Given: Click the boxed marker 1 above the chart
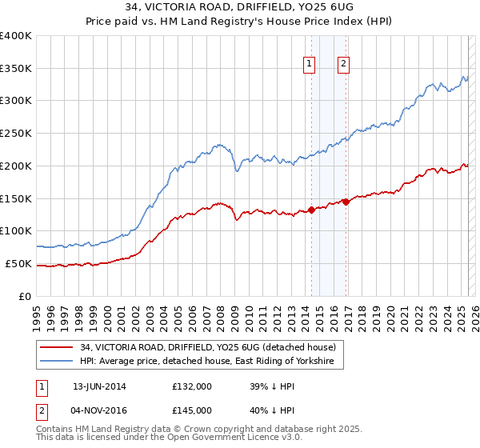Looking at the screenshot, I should (309, 66).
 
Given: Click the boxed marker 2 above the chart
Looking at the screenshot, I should (343, 66).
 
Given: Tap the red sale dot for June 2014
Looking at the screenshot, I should (311, 211).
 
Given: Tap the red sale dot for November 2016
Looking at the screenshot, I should (346, 202).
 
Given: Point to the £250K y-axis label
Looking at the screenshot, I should (17, 133).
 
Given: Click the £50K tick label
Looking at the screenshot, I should (19, 263).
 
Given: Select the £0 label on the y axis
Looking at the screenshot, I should (26, 296).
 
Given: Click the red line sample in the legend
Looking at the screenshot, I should (57, 347).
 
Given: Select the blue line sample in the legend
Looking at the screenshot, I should (57, 362).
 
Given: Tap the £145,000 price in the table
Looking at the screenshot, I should (192, 410).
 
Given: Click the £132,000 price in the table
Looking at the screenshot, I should (192, 386).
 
